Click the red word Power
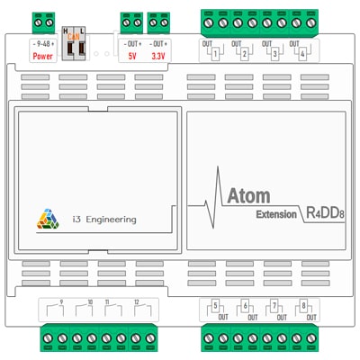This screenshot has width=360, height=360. (43, 56)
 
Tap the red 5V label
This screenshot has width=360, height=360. (132, 56)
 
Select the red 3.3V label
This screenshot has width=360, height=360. (158, 56)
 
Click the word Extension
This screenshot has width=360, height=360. (275, 214)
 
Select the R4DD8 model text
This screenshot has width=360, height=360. (327, 214)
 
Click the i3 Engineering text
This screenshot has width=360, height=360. (104, 219)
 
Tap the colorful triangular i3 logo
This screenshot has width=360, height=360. (48, 219)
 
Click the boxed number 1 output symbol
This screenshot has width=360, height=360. (216, 53)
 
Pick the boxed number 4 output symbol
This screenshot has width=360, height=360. (303, 53)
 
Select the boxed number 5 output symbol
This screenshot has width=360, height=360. (216, 306)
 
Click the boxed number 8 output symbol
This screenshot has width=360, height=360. (303, 306)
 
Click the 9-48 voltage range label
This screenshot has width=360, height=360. (43, 44)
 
